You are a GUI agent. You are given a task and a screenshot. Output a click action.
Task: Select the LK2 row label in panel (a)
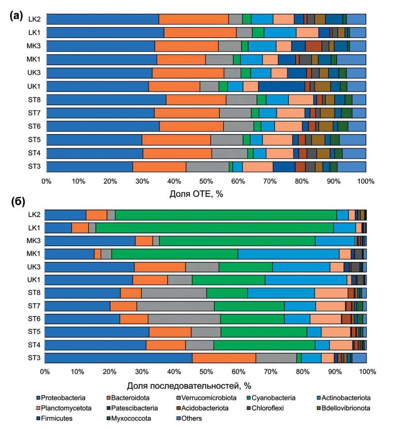click(34, 19)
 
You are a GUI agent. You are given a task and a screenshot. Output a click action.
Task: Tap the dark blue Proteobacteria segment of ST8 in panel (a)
click(106, 100)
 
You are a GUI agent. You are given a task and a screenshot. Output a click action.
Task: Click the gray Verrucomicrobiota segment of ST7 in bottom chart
click(175, 306)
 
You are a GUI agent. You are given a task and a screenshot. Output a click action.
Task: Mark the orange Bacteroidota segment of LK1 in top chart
click(200, 33)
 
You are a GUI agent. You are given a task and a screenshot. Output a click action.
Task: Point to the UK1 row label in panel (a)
click(34, 86)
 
